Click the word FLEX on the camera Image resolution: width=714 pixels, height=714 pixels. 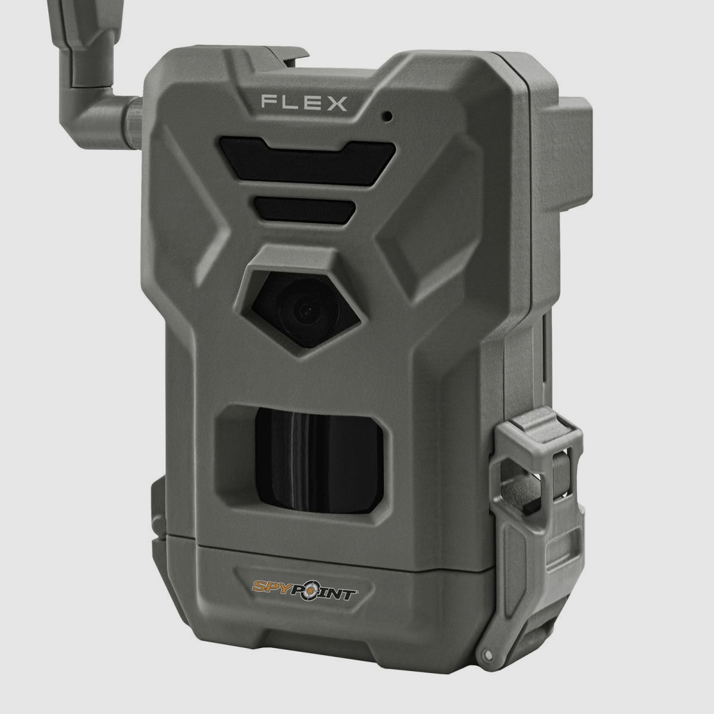click(x=303, y=103)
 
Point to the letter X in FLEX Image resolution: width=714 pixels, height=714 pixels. click(x=337, y=103)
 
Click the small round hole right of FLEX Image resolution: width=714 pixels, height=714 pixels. click(x=387, y=115)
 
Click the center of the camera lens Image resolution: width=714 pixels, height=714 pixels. click(x=306, y=309)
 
